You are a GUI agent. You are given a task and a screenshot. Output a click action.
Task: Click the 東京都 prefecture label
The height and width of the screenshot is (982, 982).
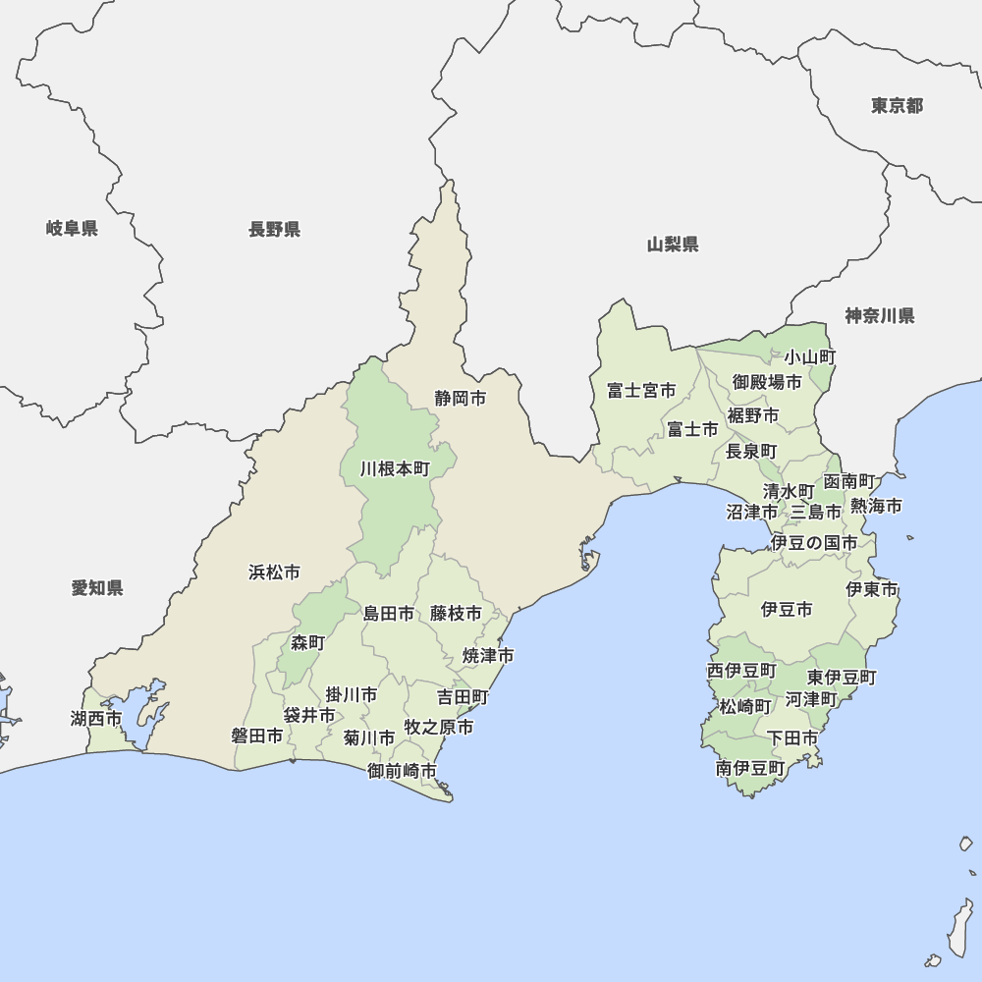(x=897, y=105)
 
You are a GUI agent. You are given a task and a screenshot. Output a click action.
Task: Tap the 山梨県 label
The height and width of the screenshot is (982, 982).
(x=673, y=245)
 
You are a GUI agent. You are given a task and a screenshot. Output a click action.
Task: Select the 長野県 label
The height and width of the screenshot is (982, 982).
(x=274, y=230)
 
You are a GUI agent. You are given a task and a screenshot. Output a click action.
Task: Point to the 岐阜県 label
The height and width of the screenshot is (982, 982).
(x=72, y=229)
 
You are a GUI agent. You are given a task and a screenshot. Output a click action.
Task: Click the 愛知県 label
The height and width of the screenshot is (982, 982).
(x=97, y=588)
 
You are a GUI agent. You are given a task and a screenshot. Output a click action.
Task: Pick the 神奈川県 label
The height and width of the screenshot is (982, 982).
(x=879, y=316)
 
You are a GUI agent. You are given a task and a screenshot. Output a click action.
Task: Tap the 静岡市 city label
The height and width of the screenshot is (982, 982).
(x=461, y=399)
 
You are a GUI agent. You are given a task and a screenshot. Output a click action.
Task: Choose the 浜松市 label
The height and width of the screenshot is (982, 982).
(x=274, y=572)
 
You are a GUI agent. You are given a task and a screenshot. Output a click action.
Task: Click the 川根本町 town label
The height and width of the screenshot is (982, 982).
(x=395, y=469)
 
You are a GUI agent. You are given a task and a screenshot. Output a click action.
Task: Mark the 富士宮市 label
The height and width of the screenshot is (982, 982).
(x=641, y=391)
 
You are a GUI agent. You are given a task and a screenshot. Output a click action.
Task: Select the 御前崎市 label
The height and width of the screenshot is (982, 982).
(x=403, y=771)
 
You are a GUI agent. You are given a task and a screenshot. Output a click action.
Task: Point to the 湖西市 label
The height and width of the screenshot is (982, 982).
(x=96, y=719)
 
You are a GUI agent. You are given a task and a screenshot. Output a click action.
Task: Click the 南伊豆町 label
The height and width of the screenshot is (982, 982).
(x=750, y=768)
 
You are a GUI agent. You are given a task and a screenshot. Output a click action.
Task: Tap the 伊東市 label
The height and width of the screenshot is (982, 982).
(x=872, y=590)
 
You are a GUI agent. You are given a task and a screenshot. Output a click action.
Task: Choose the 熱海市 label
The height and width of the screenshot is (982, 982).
(x=876, y=506)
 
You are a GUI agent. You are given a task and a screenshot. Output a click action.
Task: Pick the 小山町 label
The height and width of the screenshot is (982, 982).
(x=809, y=357)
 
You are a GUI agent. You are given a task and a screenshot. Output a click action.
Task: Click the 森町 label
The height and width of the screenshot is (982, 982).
(x=307, y=643)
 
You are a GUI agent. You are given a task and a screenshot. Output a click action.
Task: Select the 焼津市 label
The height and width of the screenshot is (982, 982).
(x=488, y=655)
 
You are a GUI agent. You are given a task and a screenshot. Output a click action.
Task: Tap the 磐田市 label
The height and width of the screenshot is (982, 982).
(x=257, y=736)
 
